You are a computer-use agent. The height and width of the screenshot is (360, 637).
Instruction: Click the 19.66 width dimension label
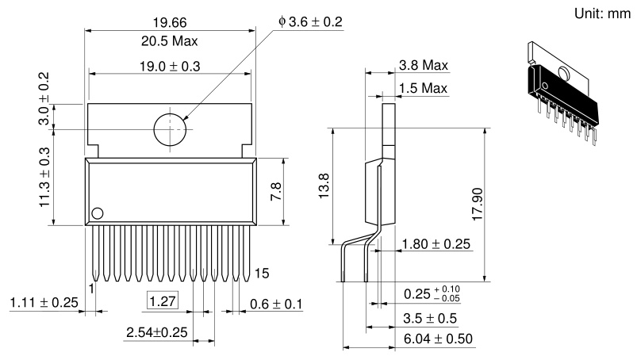170,23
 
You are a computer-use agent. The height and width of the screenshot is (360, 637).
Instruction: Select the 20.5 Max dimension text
170,41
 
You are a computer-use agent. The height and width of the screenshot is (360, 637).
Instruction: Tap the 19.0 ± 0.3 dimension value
170,66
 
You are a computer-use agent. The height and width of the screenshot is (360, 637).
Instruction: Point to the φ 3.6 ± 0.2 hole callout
310,21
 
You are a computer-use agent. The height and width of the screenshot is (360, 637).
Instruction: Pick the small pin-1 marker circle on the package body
98,213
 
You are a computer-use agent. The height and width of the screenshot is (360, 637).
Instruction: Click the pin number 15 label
262,273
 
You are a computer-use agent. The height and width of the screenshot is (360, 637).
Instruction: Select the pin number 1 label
91,289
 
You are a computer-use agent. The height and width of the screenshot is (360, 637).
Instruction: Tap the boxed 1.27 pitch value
163,301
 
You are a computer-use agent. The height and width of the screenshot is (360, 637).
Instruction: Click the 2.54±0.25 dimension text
157,332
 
